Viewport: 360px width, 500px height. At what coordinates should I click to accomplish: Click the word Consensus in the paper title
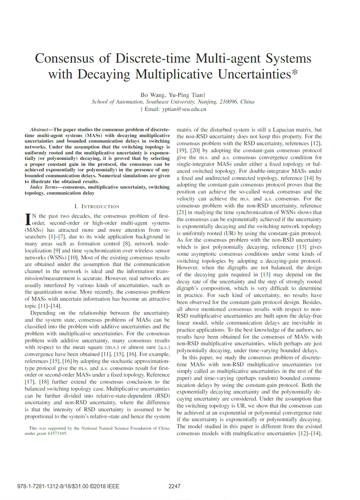pyautogui.click(x=64, y=58)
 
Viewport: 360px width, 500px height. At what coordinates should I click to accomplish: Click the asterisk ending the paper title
pyautogui.click(x=295, y=72)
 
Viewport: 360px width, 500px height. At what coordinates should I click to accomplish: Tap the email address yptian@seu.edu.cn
pyautogui.click(x=184, y=109)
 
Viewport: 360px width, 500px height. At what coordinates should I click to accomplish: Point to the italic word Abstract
pyautogui.click(x=39, y=130)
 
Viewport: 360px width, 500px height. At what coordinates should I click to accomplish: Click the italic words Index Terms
pyautogui.click(x=44, y=187)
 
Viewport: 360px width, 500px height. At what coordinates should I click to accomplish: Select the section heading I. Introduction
pyautogui.click(x=97, y=206)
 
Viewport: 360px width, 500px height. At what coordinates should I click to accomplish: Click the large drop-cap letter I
pyautogui.click(x=28, y=219)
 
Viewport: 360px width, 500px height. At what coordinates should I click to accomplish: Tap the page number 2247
pyautogui.click(x=174, y=486)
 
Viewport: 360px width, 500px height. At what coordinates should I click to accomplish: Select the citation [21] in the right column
pyautogui.click(x=182, y=212)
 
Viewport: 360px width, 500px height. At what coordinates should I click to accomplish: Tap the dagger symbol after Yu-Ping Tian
pyautogui.click(x=204, y=95)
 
